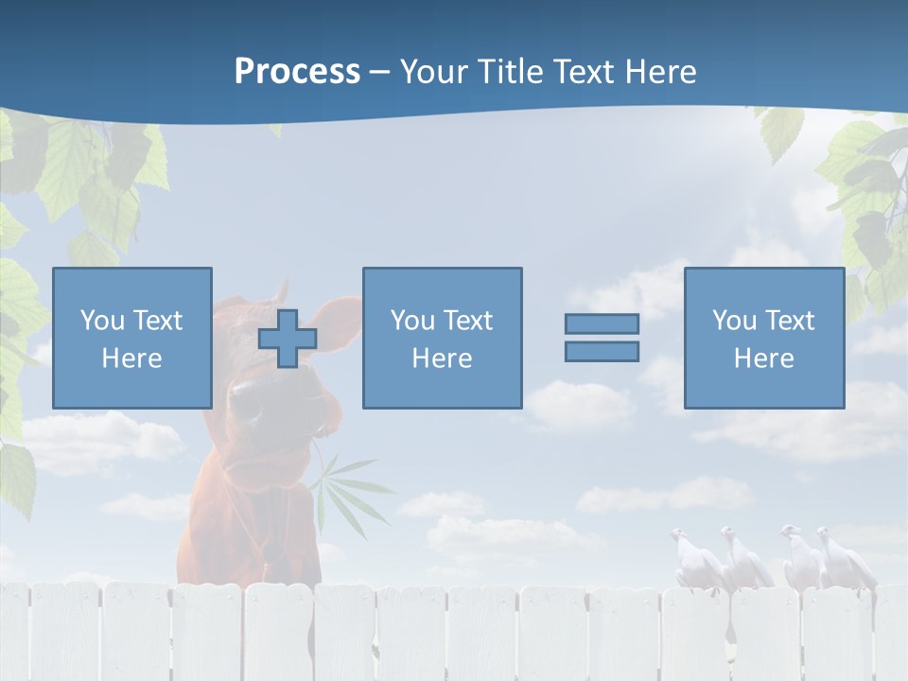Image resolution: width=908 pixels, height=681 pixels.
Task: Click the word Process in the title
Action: click(x=297, y=72)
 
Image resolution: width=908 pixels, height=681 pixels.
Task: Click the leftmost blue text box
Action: click(x=131, y=338)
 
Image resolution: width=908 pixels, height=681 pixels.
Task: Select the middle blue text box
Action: click(x=442, y=338)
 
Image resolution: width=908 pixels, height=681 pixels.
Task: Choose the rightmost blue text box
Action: click(x=763, y=338)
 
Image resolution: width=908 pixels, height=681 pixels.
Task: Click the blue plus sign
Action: click(x=288, y=339)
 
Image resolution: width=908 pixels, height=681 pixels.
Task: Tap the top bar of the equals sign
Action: click(x=602, y=323)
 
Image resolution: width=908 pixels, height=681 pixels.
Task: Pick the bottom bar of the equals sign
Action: click(x=602, y=352)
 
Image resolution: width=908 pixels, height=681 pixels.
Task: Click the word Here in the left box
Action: click(x=131, y=358)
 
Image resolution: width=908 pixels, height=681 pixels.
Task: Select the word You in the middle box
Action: click(x=412, y=321)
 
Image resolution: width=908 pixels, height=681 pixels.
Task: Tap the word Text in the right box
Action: click(x=791, y=321)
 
